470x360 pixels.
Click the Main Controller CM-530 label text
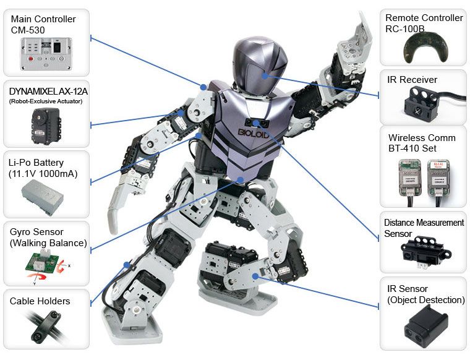pos(43,24)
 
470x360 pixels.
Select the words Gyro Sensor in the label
pos(36,231)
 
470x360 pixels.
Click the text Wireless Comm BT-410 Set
pos(422,143)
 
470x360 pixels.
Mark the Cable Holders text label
pos(40,301)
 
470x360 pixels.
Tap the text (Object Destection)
pos(426,300)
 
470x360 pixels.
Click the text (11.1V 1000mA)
pos(43,174)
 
